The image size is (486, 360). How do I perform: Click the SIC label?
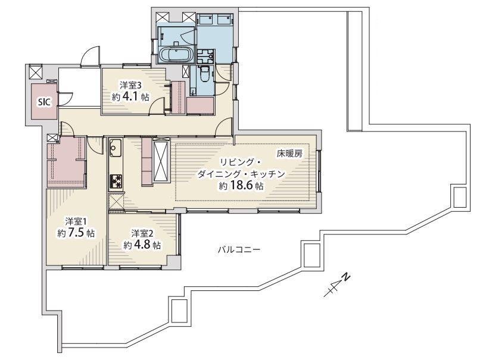tap(44, 102)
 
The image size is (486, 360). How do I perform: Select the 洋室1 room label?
tap(76, 221)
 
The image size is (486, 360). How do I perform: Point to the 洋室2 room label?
tap(142, 233)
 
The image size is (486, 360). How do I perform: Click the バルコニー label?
tap(239, 249)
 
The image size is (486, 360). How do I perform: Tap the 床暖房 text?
tap(289, 154)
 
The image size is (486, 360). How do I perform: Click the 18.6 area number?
tap(241, 186)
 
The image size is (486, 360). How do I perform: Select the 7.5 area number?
tap(76, 233)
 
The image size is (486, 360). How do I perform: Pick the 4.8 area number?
tap(142, 245)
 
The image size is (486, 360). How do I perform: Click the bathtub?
tap(176, 55)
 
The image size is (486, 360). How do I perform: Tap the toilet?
tap(205, 74)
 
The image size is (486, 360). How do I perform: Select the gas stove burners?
tap(116, 181)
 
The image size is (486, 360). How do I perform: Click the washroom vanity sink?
tap(204, 57)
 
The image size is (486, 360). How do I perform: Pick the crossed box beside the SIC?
tap(35, 73)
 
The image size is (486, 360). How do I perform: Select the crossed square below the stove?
tap(116, 202)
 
